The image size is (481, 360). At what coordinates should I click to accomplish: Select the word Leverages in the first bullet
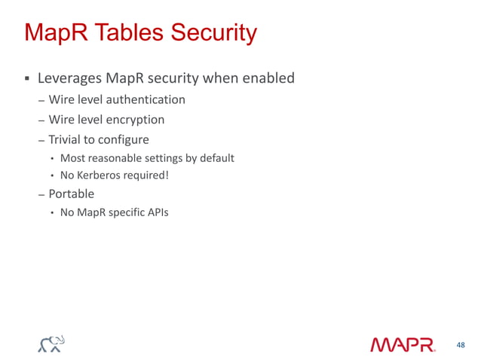(x=69, y=78)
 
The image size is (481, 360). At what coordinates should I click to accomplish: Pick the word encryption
(x=135, y=119)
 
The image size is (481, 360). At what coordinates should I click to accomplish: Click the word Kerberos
(x=102, y=176)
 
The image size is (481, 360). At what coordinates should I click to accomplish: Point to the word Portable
(x=72, y=194)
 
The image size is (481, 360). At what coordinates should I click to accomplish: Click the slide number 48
(x=461, y=345)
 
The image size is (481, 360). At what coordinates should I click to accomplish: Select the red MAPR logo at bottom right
(x=403, y=345)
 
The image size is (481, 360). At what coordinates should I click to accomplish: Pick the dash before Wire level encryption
(x=41, y=120)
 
